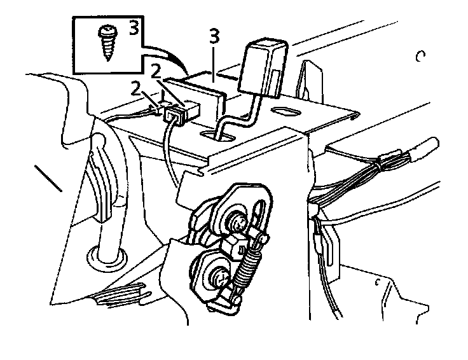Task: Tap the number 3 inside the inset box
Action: point(134,28)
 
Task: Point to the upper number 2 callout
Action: point(155,71)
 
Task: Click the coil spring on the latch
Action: point(246,270)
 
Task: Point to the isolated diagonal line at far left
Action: point(48,179)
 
